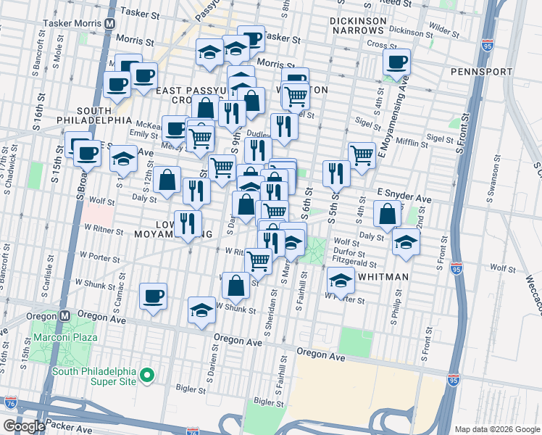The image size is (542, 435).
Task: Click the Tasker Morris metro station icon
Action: pos(109,23)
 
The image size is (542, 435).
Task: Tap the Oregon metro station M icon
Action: pos(64,315)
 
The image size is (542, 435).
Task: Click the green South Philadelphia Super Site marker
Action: pos(147,375)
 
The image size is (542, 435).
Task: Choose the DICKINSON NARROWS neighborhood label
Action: pos(357,27)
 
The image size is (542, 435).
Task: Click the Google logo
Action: pos(23,426)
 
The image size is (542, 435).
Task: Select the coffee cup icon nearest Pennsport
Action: pos(396,62)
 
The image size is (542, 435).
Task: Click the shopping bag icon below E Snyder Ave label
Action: pos(388,213)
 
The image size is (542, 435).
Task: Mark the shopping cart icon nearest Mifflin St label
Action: pos(361,153)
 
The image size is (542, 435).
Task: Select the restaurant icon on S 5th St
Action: pos(336,173)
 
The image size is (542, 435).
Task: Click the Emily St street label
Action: pos(143,134)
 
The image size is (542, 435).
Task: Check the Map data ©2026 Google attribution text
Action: pos(496,428)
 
